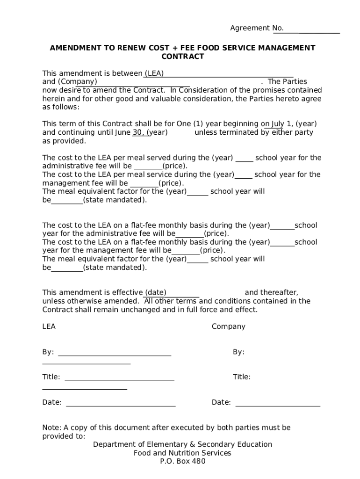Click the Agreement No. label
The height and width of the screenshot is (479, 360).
(257, 28)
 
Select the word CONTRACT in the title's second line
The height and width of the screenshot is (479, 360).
(183, 57)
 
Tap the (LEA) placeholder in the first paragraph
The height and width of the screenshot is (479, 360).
(154, 73)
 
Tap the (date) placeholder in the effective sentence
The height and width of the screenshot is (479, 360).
(156, 292)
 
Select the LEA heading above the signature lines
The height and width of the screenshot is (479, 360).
(49, 327)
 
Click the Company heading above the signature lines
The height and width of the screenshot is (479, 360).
(228, 327)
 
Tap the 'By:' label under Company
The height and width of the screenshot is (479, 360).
(238, 352)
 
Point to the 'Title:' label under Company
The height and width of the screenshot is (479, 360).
(242, 377)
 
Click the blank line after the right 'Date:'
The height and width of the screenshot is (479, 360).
(278, 405)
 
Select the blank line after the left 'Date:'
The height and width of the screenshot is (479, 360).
(121, 405)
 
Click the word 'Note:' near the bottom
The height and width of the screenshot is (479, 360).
(51, 428)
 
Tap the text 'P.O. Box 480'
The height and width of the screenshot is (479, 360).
(182, 461)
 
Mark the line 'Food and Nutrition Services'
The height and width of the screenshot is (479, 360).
(182, 453)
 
